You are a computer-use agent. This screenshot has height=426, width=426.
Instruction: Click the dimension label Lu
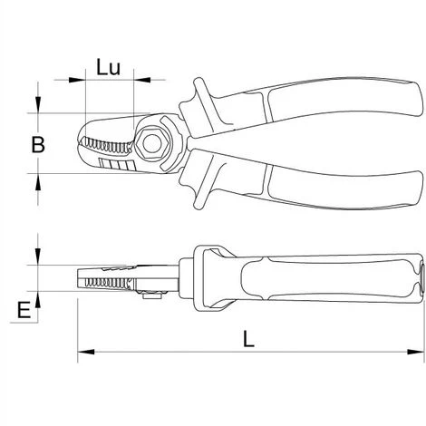(109, 67)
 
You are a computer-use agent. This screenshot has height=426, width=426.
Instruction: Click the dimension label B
(38, 144)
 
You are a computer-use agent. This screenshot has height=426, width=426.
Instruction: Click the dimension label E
(24, 310)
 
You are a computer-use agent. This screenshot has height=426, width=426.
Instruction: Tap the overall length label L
(248, 339)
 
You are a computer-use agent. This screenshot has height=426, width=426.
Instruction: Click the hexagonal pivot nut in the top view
(151, 144)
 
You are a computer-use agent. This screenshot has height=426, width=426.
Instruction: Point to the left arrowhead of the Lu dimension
(77, 80)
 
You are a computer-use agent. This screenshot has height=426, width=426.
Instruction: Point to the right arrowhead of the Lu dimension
(142, 80)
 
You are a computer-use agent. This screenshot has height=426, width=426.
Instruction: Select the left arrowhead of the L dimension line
(86, 352)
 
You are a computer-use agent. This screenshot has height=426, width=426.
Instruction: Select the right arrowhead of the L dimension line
(416, 352)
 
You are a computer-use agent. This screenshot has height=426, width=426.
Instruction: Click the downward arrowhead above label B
(38, 104)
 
